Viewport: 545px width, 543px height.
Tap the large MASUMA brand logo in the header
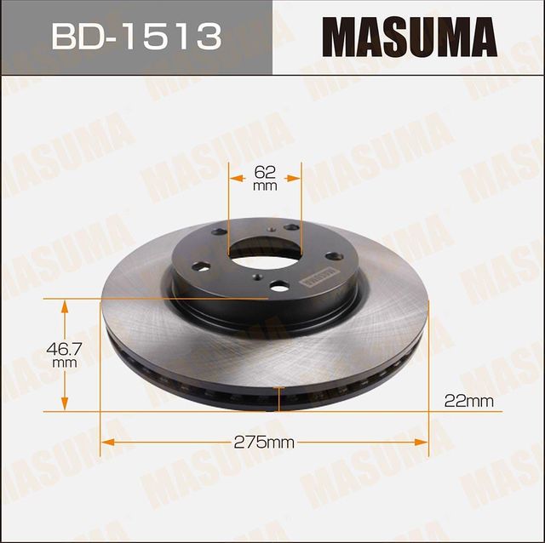click(408, 37)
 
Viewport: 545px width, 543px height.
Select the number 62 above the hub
click(266, 171)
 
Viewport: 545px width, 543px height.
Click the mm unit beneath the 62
click(266, 186)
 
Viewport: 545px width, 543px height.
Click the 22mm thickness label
click(470, 399)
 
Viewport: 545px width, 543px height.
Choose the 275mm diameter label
click(265, 442)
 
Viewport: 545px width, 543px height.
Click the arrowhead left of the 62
click(237, 178)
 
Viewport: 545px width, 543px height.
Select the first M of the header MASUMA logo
click(336, 37)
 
